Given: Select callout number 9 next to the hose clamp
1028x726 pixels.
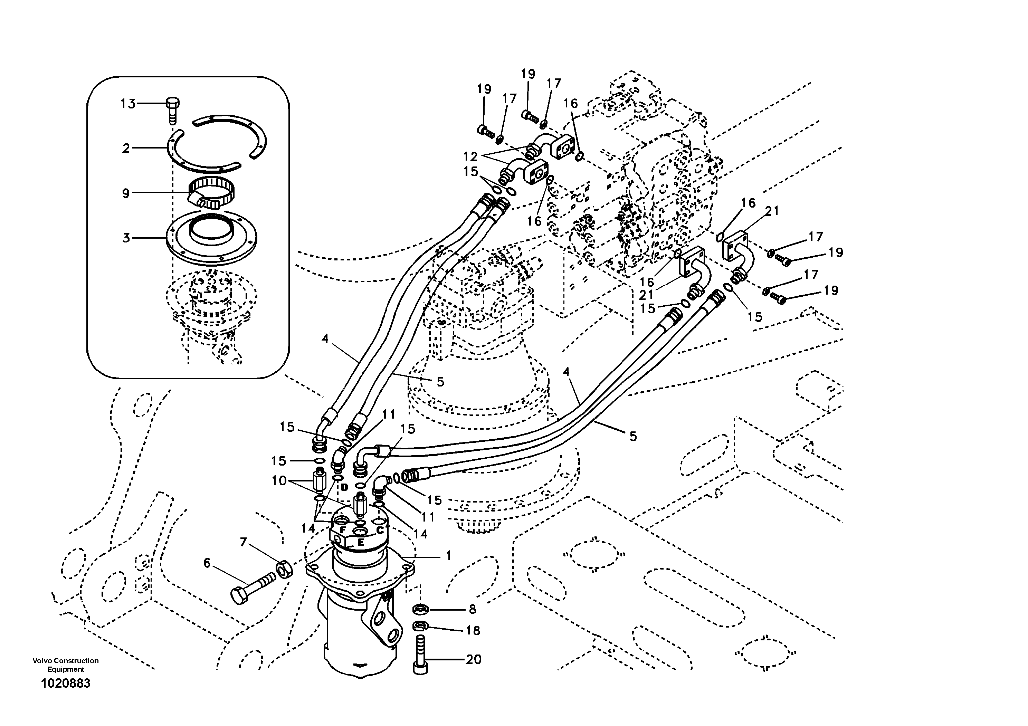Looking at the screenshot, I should pos(126,193).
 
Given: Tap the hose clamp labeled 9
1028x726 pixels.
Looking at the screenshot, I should pos(211,192).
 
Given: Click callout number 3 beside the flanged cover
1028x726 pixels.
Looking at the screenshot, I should pos(126,238).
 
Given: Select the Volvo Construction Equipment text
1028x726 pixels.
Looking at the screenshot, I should pos(65,665).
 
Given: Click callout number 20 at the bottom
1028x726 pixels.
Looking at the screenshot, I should pos(473,659).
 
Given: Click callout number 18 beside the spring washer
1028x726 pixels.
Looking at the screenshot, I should pos(473,631).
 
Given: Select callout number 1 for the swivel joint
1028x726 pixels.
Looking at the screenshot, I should pos(448,556).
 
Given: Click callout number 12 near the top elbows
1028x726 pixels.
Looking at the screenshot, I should pos(470,157).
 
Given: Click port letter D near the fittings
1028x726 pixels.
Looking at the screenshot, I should pos(344,487).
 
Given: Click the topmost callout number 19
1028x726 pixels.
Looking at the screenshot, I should pos(528,74).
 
